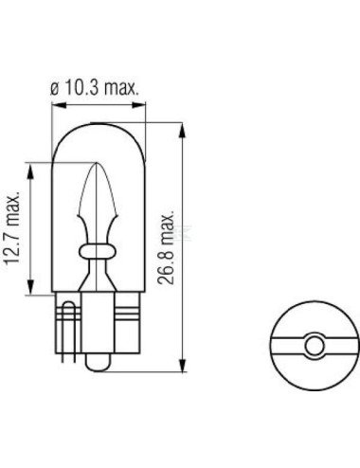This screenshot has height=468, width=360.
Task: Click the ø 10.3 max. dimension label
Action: [x=95, y=87]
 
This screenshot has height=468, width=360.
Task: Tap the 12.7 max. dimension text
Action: [x=13, y=227]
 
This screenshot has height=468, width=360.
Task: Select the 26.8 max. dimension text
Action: [x=166, y=246]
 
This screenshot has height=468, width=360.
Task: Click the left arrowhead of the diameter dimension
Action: [x=59, y=105]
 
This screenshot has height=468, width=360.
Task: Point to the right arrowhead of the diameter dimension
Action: [x=138, y=105]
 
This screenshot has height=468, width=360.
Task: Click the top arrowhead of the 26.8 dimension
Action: [x=182, y=130]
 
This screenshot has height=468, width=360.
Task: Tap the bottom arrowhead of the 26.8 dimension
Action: [x=182, y=365]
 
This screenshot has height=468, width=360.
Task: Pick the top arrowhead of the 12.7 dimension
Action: [x=30, y=171]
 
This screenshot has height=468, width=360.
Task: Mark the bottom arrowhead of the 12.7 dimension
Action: [x=30, y=287]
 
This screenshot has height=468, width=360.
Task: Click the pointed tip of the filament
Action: [x=96, y=163]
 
